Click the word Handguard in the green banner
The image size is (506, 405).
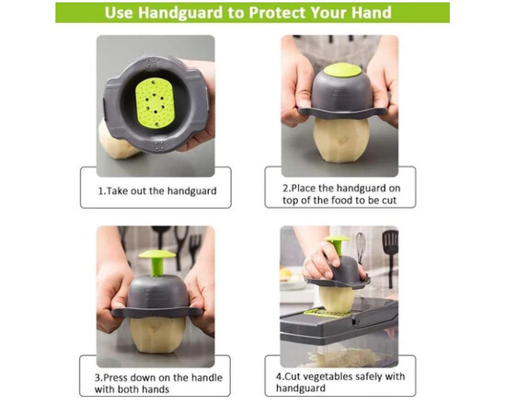tap(180, 13)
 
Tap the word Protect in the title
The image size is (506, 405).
tap(277, 13)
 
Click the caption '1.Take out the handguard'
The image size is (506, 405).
tap(157, 191)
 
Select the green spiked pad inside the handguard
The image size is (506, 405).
tap(155, 102)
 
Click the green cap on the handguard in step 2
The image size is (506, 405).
tap(342, 70)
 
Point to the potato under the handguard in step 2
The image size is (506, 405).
tap(341, 140)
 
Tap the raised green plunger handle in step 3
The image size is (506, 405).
tap(157, 261)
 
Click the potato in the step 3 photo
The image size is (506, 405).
tap(157, 335)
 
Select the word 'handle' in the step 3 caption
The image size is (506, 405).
tap(207, 377)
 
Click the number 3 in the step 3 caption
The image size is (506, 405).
tap(98, 377)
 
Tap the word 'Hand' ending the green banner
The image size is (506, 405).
tap(372, 13)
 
